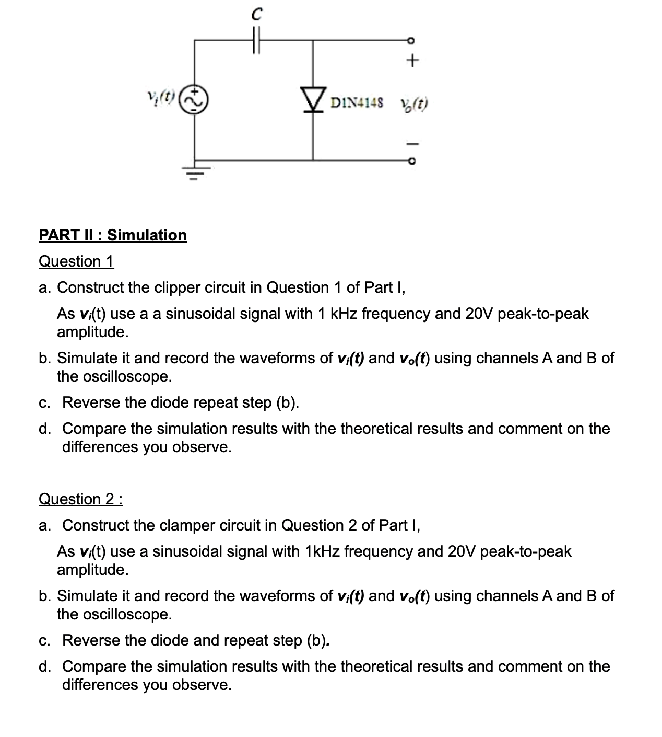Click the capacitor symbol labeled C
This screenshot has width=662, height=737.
(x=255, y=40)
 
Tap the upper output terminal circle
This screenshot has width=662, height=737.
(x=411, y=40)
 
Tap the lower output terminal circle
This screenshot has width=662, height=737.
(x=411, y=162)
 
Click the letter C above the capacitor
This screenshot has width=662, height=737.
(x=255, y=15)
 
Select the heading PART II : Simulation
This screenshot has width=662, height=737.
(x=113, y=235)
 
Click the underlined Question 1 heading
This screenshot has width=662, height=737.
(x=76, y=261)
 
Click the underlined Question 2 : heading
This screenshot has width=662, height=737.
(x=81, y=499)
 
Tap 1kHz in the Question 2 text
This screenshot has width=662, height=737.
(x=321, y=551)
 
